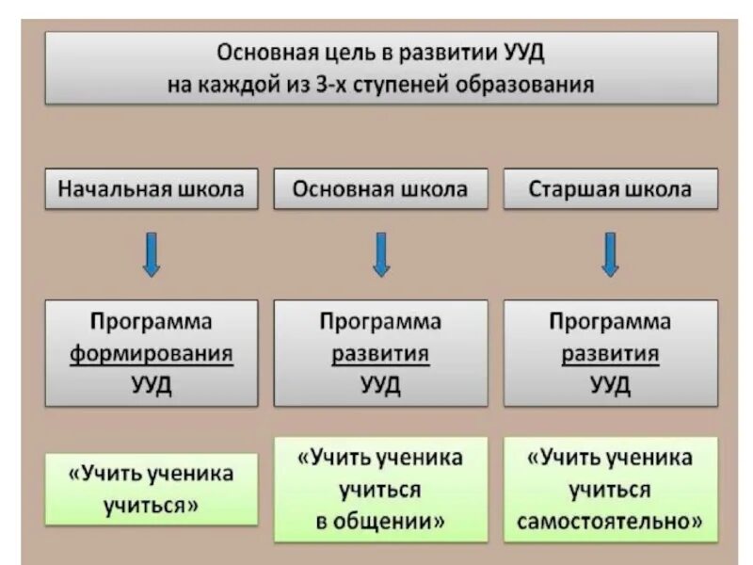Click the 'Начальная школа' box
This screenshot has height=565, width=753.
point(151,189)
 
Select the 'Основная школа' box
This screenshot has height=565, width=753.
point(380,189)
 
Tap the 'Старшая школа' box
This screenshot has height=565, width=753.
point(610,189)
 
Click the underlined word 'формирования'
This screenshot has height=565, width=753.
point(151,354)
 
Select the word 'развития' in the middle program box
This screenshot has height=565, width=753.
point(380,354)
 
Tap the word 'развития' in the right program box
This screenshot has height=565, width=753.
point(610,354)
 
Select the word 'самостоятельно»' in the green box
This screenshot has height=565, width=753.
point(610,520)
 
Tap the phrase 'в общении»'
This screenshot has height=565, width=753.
point(380,520)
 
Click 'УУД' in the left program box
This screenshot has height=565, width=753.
point(151,385)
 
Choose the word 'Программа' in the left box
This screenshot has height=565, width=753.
point(151,322)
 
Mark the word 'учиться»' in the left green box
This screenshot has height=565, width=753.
point(151,504)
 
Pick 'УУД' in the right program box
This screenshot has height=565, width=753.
point(610,385)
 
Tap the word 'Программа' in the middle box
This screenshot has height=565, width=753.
point(380,322)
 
